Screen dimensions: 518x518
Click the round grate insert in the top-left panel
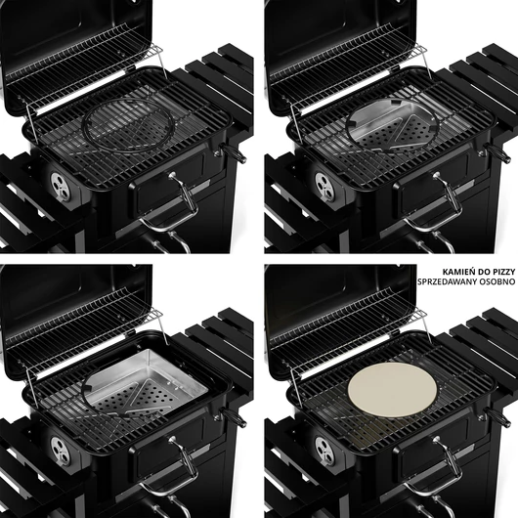127,127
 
